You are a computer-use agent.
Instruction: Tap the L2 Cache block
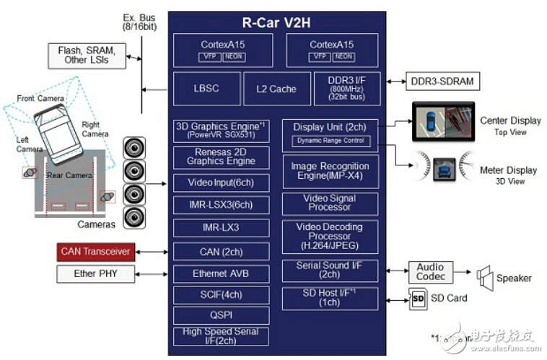(x=276, y=89)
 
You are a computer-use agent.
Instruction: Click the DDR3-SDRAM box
(x=442, y=81)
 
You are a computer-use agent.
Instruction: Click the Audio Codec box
(x=430, y=273)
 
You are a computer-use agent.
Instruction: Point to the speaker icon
(x=483, y=276)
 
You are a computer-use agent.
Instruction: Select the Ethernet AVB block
(x=220, y=274)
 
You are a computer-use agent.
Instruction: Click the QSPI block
(x=220, y=315)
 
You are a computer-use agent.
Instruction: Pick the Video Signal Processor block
(x=329, y=203)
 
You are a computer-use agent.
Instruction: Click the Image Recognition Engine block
(x=329, y=171)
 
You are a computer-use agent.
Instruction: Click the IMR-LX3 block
(x=220, y=228)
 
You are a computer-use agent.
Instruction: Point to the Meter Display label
(x=508, y=170)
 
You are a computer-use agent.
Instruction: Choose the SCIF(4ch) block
(x=220, y=295)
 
